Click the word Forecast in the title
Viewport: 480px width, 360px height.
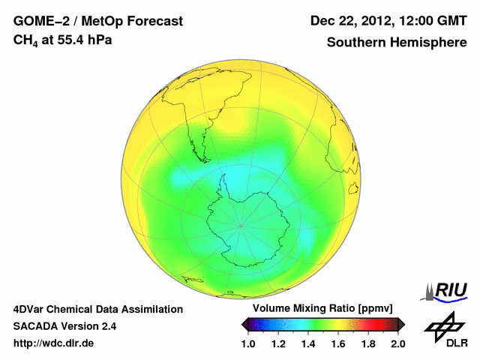click(x=150, y=21)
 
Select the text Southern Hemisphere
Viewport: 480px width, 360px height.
click(x=396, y=42)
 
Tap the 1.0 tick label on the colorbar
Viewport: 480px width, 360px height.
click(x=249, y=343)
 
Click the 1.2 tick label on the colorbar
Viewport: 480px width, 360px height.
click(x=278, y=343)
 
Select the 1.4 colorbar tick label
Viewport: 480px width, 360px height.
click(x=308, y=343)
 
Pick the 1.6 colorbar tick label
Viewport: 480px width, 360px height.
click(x=338, y=343)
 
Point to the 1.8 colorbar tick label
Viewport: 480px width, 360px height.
click(x=368, y=343)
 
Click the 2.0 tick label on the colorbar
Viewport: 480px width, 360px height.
click(x=397, y=343)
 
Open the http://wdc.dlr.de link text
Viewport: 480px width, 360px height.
click(x=54, y=343)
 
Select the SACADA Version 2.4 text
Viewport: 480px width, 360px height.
click(x=64, y=326)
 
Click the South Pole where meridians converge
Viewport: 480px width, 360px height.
click(x=241, y=225)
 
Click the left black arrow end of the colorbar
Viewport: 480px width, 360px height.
click(x=245, y=324)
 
